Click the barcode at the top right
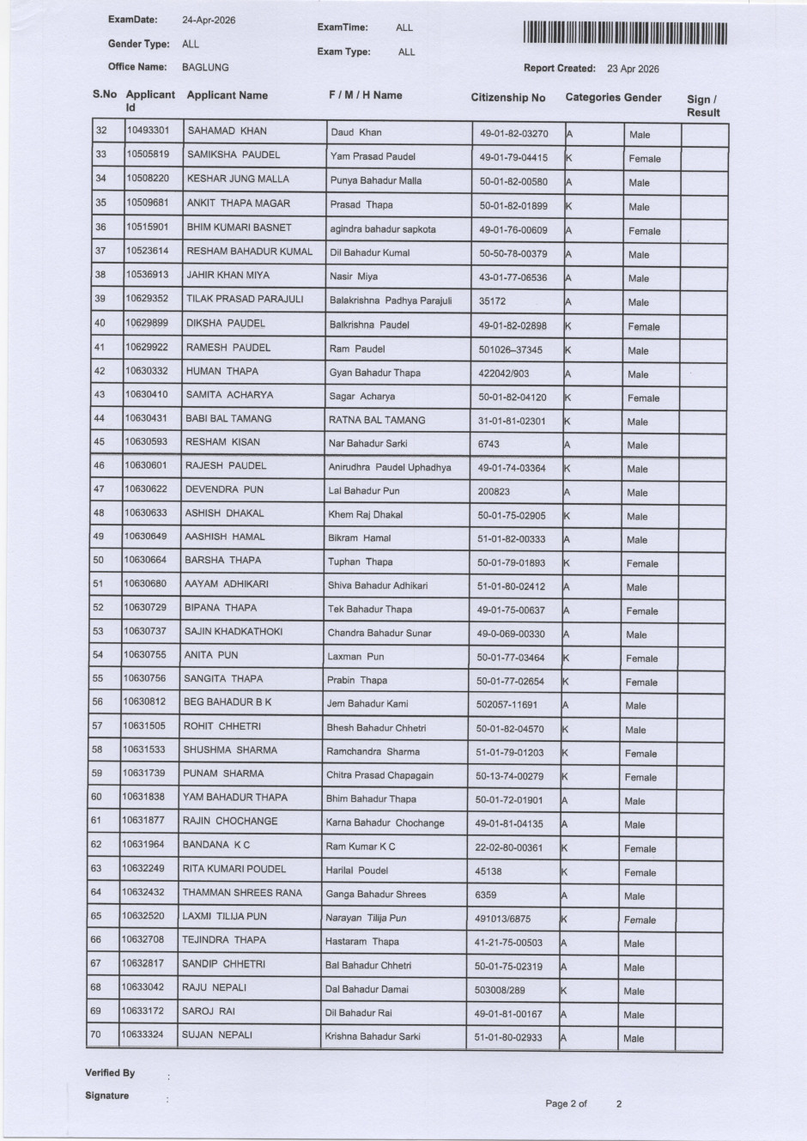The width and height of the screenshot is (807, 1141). pos(624,34)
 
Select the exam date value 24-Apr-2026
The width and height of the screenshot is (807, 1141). pos(209,20)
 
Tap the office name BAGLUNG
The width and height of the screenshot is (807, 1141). pos(205,67)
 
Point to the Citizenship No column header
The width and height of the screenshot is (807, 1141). pos(507,98)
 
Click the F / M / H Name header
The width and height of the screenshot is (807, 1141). pos(365,95)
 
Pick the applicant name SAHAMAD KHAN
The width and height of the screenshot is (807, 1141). pos(227,131)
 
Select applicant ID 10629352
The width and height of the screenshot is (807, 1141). pos(147,299)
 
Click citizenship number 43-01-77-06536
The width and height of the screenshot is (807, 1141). pos(513,278)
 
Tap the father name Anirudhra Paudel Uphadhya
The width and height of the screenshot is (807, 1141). pos(389,468)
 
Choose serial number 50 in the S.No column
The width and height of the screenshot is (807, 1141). pos(99,560)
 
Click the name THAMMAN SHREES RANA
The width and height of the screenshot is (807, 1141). pos(242,893)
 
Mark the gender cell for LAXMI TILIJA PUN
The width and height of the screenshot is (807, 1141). pos(640,919)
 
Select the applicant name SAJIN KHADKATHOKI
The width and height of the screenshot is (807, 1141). pos(234,631)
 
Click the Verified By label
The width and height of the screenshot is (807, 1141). pos(110,1073)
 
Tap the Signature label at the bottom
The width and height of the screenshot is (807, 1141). pos(107,1095)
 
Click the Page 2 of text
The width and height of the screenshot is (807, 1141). pos(566,1104)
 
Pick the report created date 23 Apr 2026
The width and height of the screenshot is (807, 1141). pos(633,69)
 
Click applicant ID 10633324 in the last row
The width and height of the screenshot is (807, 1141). pos(143,1035)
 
